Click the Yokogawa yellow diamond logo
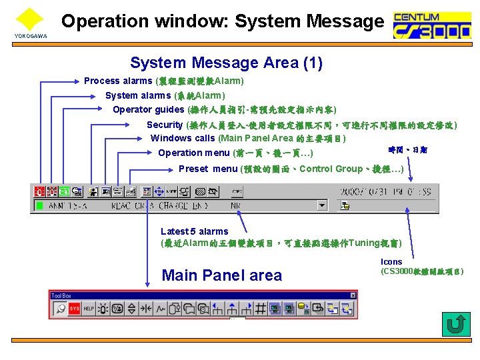pos(29,19)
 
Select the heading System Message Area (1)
pos(226,63)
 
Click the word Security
pos(165,125)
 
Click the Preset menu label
pos(208,169)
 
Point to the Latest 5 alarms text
pos(195,231)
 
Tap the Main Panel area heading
pos(222,275)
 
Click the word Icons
pos(391,262)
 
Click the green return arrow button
pos(456,325)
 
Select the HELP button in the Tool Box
pos(88,309)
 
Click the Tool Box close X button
pos(353,295)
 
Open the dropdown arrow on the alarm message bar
pos(323,206)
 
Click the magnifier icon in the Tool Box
pos(60,309)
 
